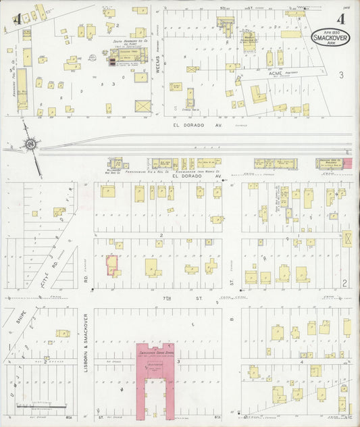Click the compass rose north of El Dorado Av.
(x=30, y=144)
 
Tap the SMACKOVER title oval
(x=327, y=38)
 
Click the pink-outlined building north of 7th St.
(x=111, y=266)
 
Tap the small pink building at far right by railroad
(x=349, y=164)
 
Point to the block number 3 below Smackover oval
(x=342, y=74)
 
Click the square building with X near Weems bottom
(x=143, y=107)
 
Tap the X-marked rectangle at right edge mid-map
(x=348, y=238)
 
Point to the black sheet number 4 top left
(x=15, y=19)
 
